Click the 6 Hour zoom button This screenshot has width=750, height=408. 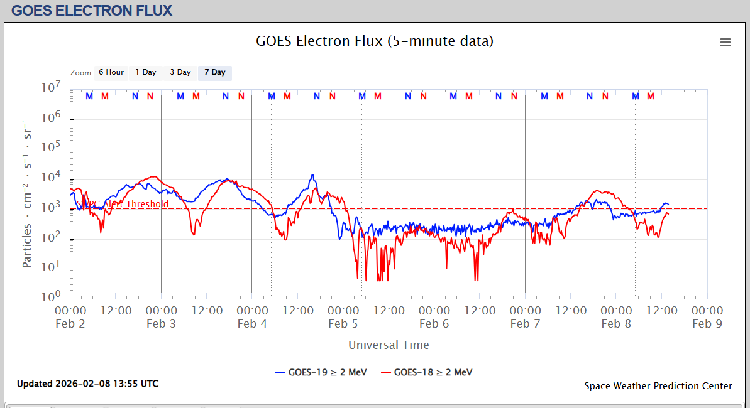111,73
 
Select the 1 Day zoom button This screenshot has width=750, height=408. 146,73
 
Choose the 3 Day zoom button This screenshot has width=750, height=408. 180,73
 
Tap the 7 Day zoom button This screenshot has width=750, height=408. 214,73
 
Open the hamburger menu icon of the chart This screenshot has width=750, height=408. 725,42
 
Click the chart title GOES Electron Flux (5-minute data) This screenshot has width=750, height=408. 375,41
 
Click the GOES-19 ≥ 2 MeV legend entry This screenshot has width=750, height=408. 321,372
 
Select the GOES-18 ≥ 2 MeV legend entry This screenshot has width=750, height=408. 427,372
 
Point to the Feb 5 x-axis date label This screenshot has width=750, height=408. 343,324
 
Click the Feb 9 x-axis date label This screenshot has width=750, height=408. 707,324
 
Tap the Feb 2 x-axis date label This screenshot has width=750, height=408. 70,324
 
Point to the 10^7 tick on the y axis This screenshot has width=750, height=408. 50,88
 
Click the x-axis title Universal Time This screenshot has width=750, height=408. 389,345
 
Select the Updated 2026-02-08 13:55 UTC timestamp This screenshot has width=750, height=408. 87,384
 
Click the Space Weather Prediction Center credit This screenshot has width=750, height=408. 658,386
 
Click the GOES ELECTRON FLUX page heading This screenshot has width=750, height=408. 92,11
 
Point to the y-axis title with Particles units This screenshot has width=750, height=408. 27,192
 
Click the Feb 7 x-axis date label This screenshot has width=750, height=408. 525,324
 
